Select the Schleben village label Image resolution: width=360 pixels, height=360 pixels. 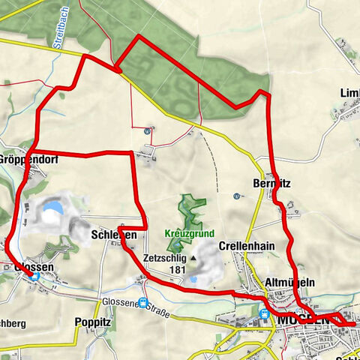(113, 235)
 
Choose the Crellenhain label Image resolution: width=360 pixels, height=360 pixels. (247, 246)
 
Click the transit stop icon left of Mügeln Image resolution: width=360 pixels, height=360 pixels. (263, 314)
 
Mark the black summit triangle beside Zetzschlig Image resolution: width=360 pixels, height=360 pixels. (193, 257)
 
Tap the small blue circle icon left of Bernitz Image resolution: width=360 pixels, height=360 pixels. (236, 196)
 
